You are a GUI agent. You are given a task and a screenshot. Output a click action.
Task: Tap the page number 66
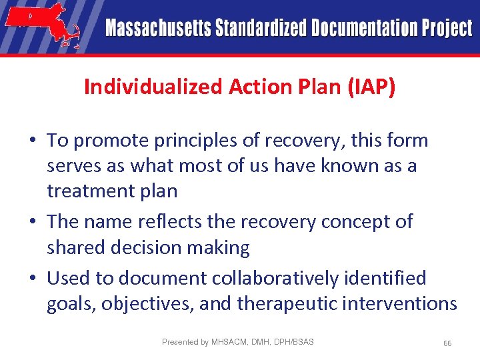pos(447,343)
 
